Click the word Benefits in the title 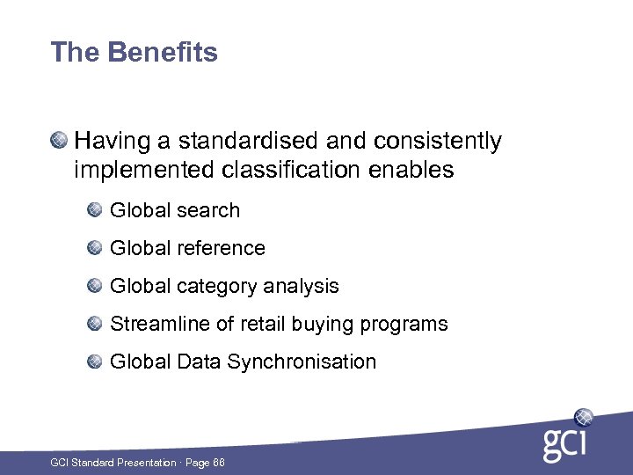point(163,53)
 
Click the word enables point(411,170)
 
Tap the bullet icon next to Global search point(94,209)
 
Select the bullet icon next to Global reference point(94,247)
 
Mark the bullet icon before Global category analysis point(94,285)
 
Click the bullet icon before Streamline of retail point(94,323)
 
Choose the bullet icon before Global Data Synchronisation point(94,361)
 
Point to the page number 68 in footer point(217,463)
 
